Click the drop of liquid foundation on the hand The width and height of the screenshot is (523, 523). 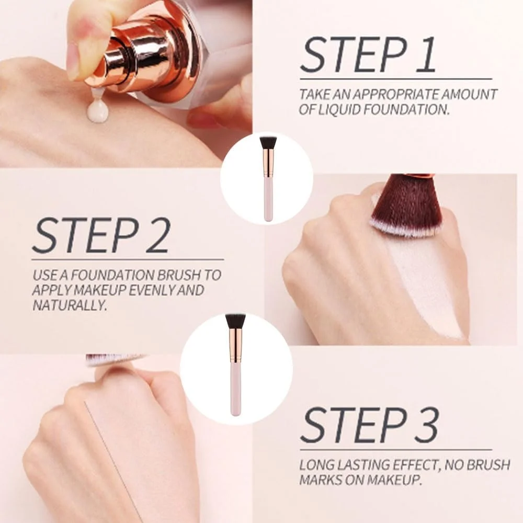click(97, 111)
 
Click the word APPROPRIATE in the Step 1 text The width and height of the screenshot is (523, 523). click(396, 94)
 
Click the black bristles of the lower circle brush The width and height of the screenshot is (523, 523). click(235, 321)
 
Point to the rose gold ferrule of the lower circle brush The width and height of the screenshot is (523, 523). click(235, 346)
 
